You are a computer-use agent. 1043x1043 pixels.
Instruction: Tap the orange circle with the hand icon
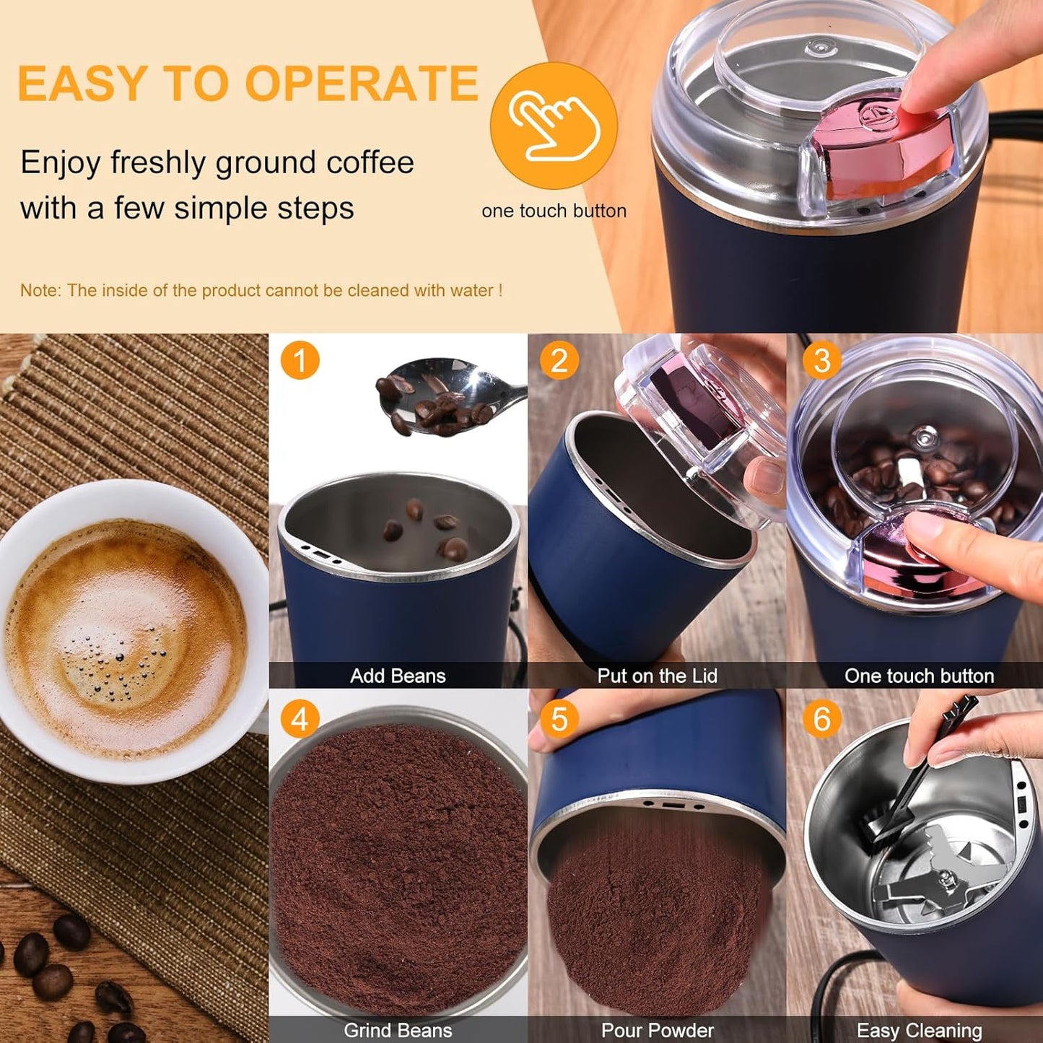pyautogui.click(x=554, y=126)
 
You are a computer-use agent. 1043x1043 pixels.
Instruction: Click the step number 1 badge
pyautogui.click(x=300, y=360)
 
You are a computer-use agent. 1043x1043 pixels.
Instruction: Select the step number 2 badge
pyautogui.click(x=559, y=360)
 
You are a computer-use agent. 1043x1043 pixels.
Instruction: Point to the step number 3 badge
pyautogui.click(x=821, y=360)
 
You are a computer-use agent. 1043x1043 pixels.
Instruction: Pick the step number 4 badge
pyautogui.click(x=300, y=719)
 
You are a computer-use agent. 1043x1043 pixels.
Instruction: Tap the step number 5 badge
pyautogui.click(x=559, y=719)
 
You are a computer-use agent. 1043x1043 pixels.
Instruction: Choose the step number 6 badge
pyautogui.click(x=821, y=719)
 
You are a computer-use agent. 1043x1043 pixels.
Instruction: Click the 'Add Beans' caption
pyautogui.click(x=398, y=676)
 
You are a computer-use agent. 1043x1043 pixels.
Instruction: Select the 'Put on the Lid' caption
pyautogui.click(x=657, y=676)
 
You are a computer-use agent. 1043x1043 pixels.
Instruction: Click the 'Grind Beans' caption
pyautogui.click(x=398, y=1030)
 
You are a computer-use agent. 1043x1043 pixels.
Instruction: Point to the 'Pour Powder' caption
pyautogui.click(x=657, y=1030)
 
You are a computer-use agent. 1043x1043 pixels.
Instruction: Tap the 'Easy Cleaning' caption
pyautogui.click(x=919, y=1030)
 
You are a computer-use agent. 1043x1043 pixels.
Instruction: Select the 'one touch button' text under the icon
pyautogui.click(x=554, y=211)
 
